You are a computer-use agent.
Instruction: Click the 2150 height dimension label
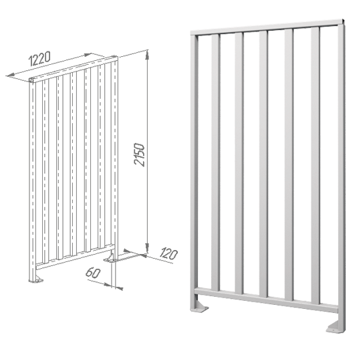click(140, 154)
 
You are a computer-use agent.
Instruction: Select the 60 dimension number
click(93, 273)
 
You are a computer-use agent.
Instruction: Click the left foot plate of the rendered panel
click(199, 309)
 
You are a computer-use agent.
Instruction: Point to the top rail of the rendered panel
click(267, 27)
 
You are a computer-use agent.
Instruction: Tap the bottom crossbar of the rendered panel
click(266, 299)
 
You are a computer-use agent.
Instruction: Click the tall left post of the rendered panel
click(194, 170)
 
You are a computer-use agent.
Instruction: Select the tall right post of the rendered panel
click(342, 175)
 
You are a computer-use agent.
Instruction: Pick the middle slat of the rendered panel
click(263, 164)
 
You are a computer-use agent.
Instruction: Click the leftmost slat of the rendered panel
click(215, 162)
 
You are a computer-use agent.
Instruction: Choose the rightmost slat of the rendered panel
click(316, 166)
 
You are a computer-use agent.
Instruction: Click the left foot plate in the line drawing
click(36, 280)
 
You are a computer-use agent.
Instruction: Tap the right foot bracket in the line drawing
click(110, 258)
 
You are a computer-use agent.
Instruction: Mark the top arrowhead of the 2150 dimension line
click(147, 53)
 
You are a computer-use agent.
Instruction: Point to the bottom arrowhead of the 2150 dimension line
click(147, 249)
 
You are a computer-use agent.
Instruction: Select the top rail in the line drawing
click(74, 68)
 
